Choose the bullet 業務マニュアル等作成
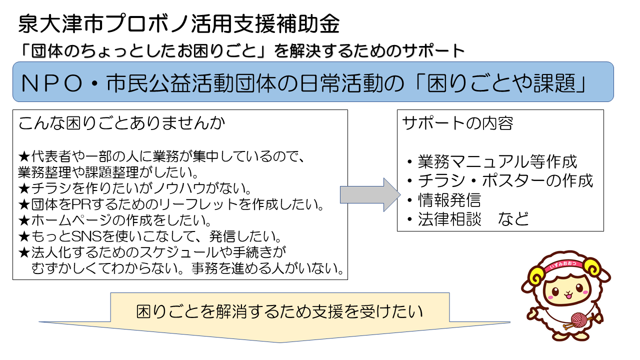tap(497, 161)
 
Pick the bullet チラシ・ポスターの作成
tap(505, 180)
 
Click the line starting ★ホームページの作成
tap(115, 219)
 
